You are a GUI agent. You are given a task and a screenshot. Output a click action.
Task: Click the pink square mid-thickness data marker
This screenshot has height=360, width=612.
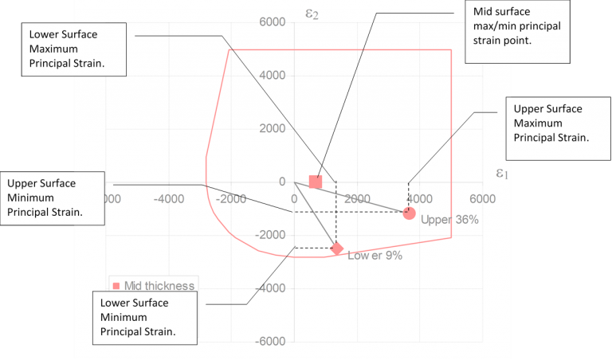[316, 182]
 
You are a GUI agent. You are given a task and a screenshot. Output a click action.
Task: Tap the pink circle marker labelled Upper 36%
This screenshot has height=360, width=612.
[409, 213]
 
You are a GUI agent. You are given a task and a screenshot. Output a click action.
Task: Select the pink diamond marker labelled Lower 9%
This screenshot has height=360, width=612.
[337, 248]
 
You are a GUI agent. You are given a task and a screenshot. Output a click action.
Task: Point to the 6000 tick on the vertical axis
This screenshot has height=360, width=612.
[272, 22]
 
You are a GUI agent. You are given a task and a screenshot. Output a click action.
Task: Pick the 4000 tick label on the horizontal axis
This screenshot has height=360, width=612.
[419, 198]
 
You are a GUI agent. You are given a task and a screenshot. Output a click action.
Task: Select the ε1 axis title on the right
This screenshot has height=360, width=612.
[502, 173]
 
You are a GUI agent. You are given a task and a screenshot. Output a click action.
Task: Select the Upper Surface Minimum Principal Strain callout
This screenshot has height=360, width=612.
[53, 198]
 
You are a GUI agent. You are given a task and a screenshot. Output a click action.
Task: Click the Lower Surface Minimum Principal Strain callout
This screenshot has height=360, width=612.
[144, 317]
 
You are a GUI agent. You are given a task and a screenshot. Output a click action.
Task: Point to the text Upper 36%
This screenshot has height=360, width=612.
[449, 220]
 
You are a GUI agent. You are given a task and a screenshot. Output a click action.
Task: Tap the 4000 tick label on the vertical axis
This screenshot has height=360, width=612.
[272, 76]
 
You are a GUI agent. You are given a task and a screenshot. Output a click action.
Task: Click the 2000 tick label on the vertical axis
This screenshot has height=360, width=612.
[272, 129]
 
